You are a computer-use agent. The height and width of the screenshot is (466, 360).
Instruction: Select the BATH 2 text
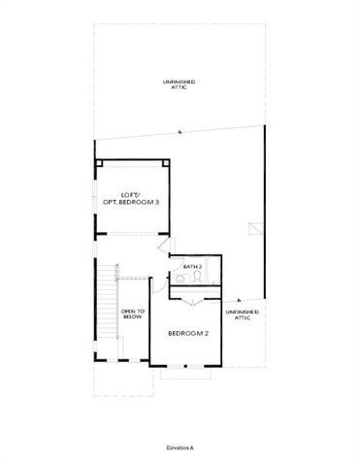pyautogui.click(x=193, y=265)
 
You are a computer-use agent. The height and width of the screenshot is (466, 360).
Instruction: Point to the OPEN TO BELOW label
pyautogui.click(x=133, y=316)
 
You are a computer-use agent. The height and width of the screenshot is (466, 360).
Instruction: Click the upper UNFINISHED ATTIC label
pyautogui.click(x=180, y=84)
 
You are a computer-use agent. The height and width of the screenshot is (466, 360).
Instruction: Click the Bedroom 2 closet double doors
pyautogui.click(x=197, y=303)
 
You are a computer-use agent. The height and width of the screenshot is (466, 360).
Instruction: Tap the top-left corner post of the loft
pyautogui.click(x=98, y=163)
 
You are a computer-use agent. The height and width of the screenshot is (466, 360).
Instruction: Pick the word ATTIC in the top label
pyautogui.click(x=180, y=88)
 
